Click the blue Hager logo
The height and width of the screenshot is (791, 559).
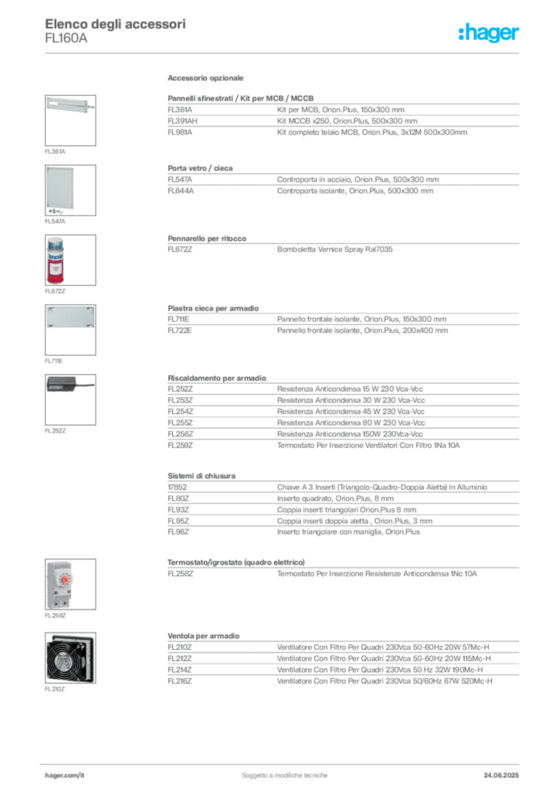490,33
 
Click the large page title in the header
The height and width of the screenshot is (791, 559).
116,22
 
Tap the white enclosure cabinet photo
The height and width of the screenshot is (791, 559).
62,188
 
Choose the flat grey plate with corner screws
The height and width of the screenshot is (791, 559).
70,318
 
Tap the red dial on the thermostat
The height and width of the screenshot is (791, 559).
67,577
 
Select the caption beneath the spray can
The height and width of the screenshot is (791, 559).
55,294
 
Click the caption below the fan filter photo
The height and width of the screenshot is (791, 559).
55,688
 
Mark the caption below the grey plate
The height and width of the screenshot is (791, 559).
55,361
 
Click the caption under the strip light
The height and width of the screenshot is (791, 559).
55,150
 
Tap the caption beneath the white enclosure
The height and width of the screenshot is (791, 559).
55,222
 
